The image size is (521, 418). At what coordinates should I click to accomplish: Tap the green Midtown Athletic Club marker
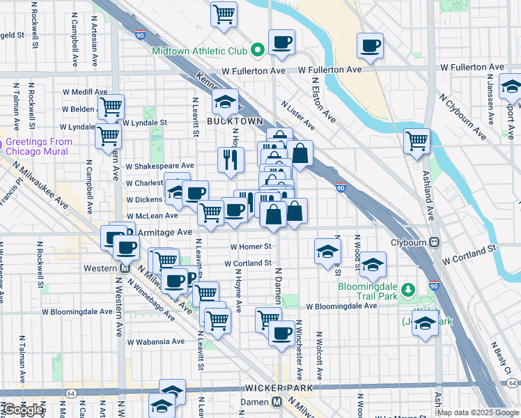tap(257, 49)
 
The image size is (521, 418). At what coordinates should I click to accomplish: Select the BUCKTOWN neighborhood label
tap(235, 121)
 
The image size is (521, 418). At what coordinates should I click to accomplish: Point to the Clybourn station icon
tap(435, 242)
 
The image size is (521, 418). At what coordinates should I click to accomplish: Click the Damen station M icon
tap(277, 402)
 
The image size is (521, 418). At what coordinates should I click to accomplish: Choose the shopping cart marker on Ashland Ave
tap(417, 141)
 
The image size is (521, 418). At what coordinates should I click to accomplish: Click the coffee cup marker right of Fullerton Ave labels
tap(371, 46)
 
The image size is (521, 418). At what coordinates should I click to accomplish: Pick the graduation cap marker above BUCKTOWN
tap(226, 102)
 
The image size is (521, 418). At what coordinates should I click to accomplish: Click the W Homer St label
tap(250, 247)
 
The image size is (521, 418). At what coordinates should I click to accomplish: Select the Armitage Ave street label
tap(164, 231)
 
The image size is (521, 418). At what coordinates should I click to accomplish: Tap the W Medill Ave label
tap(84, 91)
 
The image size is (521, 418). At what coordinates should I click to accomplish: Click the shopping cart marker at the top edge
tap(224, 13)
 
